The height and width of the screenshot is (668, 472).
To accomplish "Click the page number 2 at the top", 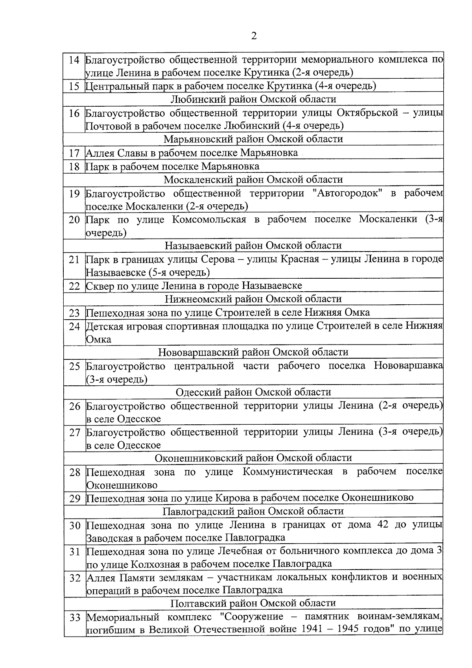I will click(254, 36).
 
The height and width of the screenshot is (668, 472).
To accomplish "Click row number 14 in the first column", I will click(74, 60).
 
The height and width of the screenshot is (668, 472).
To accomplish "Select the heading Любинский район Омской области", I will click(254, 99).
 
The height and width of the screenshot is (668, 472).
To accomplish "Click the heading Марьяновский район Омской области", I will click(253, 139).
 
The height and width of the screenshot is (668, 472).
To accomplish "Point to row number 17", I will click(74, 153).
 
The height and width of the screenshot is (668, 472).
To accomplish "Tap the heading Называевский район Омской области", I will click(253, 246).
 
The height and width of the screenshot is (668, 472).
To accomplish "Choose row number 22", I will click(74, 286).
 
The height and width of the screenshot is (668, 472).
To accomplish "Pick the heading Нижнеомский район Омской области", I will click(253, 299).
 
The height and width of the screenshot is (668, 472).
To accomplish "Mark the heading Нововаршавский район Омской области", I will click(253, 352).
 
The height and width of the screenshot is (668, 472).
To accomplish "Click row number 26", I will click(74, 406).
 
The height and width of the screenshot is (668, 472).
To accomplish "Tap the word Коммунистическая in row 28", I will click(288, 472).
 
